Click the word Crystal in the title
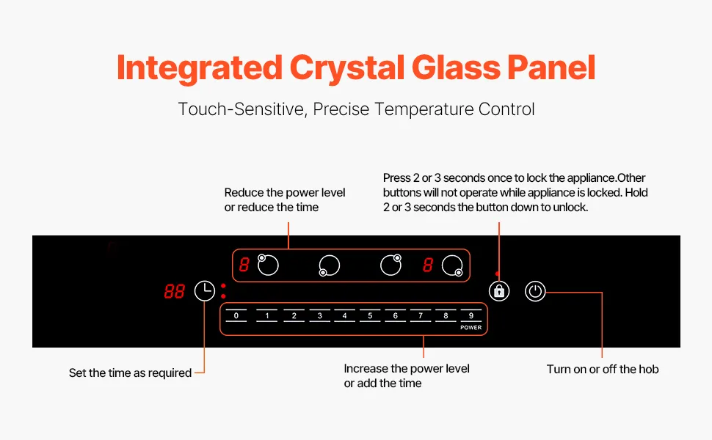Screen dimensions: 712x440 tap(347, 69)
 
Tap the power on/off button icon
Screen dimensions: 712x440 tap(535, 291)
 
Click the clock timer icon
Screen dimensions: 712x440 tap(205, 290)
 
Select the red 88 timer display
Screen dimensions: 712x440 tap(175, 291)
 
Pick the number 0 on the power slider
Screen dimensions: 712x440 tap(236, 316)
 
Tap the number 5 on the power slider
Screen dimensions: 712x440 tap(370, 316)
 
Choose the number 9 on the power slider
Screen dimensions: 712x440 tap(471, 316)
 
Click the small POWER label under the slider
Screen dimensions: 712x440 tap(471, 328)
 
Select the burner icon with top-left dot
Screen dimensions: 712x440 tap(267, 265)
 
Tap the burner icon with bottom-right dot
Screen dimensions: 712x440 tap(452, 265)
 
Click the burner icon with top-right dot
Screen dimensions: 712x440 tap(391, 265)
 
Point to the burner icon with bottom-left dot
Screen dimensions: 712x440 tap(330, 265)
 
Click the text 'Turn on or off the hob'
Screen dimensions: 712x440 tap(603, 370)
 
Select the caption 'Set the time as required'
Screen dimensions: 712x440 tap(131, 373)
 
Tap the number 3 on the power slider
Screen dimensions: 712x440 tap(320, 316)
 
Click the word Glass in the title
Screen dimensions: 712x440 tap(455, 68)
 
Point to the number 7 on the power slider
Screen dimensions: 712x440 tap(421, 316)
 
